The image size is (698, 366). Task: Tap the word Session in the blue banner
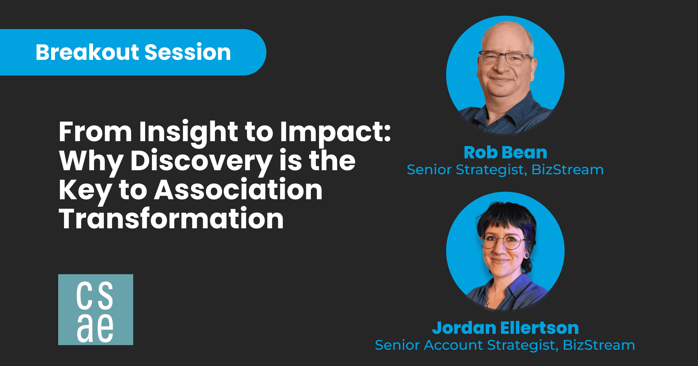click(188, 52)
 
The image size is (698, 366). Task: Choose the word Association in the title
click(238, 190)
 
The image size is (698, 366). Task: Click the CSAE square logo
click(96, 310)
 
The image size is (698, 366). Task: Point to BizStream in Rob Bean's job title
click(567, 170)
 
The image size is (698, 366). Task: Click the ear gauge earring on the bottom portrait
click(527, 255)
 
